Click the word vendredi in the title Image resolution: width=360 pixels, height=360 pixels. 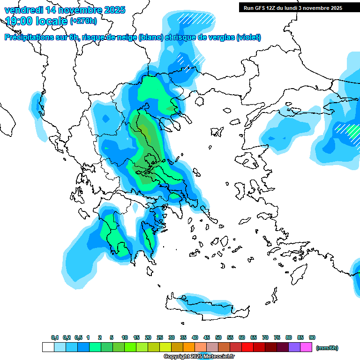pyautogui.click(x=23, y=10)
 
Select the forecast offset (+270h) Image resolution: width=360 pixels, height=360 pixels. pyautogui.click(x=83, y=21)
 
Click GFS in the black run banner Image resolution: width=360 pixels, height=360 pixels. pyautogui.click(x=261, y=8)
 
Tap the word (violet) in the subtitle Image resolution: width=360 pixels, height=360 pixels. pyautogui.click(x=248, y=37)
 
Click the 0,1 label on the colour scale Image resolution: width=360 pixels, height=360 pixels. pyautogui.click(x=54, y=338)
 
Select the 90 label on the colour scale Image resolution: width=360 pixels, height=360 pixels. pyautogui.click(x=312, y=338)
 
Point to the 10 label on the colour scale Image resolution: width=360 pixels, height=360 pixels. pyautogui.click(x=125, y=338)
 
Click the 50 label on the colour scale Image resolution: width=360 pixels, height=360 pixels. pyautogui.click(x=218, y=338)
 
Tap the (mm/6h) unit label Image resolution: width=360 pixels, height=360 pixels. pyautogui.click(x=327, y=348)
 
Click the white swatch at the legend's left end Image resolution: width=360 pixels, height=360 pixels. pyautogui.click(x=48, y=347)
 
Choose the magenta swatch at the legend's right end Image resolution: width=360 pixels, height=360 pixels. pyautogui.click(x=306, y=347)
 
